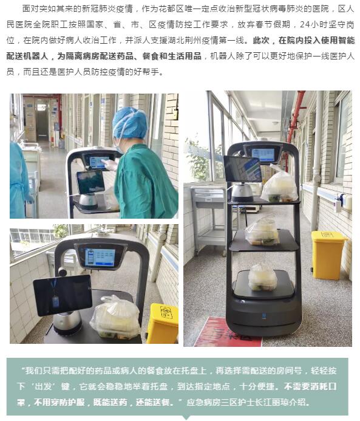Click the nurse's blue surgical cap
(130, 123)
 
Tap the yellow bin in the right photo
(328, 255)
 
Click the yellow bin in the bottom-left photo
(163, 323)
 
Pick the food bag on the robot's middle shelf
(262, 232)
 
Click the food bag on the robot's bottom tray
(262, 278)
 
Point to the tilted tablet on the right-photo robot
(242, 168)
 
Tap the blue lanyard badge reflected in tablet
(55, 296)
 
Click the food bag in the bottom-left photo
(116, 317)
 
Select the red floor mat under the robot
(228, 333)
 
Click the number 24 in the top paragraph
(305, 24)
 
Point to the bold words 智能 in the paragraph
(347, 40)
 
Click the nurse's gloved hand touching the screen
(110, 165)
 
